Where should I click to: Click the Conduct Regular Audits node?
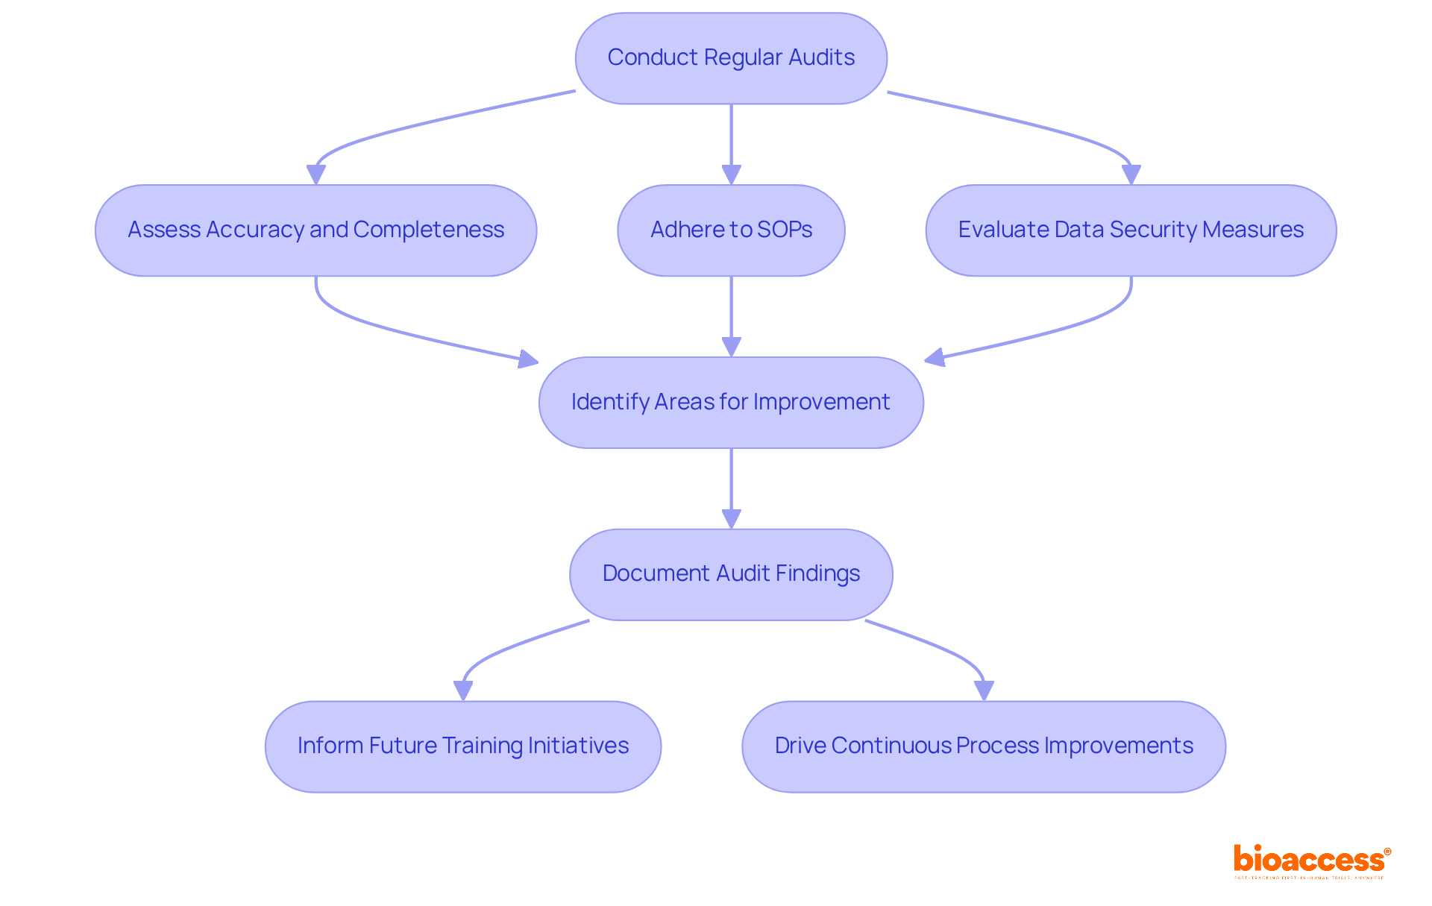pos(731,58)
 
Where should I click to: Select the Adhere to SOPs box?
pos(731,230)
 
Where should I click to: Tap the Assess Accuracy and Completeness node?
pos(315,230)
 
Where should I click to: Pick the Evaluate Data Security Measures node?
pos(1131,230)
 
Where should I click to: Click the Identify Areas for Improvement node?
pos(731,403)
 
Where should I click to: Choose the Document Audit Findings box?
pos(731,574)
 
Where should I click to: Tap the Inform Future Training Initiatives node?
pos(463,746)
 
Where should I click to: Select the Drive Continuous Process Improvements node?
pos(984,746)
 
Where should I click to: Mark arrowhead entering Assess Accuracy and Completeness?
pos(316,174)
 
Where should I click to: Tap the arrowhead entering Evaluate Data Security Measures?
pos(1131,174)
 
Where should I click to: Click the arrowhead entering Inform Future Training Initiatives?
pos(463,690)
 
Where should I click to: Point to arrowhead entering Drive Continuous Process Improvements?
pos(984,690)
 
